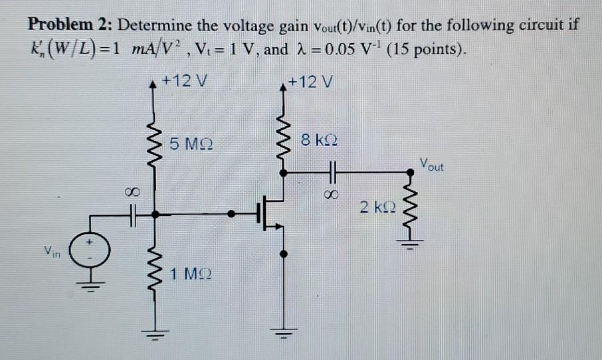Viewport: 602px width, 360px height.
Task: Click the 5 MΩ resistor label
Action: pos(190,143)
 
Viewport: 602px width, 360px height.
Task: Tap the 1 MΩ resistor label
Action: pos(191,273)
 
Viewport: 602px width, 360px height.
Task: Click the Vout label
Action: pos(431,164)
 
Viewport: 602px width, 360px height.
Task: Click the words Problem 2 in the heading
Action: pos(68,26)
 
